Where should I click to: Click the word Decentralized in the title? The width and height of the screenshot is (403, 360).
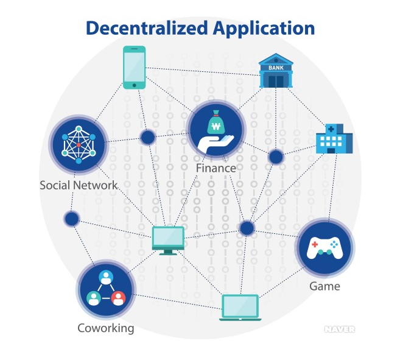click(146, 28)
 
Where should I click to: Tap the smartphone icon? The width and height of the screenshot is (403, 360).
click(135, 67)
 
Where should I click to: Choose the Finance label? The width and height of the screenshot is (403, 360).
click(216, 168)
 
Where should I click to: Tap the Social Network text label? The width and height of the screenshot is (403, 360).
click(79, 185)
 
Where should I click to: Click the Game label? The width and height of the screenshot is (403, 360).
click(324, 286)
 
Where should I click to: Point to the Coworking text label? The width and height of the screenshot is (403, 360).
click(105, 328)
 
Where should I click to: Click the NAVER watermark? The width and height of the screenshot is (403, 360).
click(339, 329)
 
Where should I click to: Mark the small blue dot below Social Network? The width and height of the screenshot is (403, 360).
click(72, 219)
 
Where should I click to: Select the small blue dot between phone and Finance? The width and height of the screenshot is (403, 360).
click(148, 137)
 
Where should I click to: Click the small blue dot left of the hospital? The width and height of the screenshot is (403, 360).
click(276, 157)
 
